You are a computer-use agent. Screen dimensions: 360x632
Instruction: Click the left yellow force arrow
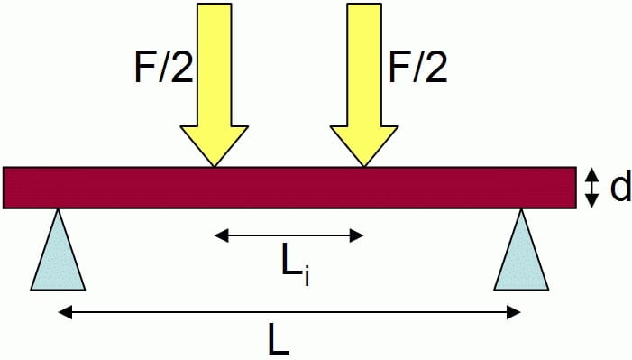214,81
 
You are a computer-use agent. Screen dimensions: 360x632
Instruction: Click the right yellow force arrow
364,81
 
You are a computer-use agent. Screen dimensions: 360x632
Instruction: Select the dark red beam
289,188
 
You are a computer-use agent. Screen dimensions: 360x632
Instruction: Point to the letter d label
619,189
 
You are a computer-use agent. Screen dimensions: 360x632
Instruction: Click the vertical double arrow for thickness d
592,189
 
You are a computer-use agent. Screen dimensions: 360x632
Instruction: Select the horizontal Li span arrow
289,236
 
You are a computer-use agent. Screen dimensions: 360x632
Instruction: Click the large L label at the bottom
279,340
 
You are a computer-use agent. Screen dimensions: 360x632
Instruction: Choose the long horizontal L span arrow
289,313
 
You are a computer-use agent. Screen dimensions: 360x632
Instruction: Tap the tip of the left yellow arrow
214,164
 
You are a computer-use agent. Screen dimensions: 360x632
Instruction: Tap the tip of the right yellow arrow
364,164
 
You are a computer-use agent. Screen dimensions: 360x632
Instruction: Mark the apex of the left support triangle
58,212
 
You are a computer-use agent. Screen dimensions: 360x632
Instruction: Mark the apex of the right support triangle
522,212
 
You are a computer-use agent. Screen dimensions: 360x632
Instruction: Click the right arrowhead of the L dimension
515,313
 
